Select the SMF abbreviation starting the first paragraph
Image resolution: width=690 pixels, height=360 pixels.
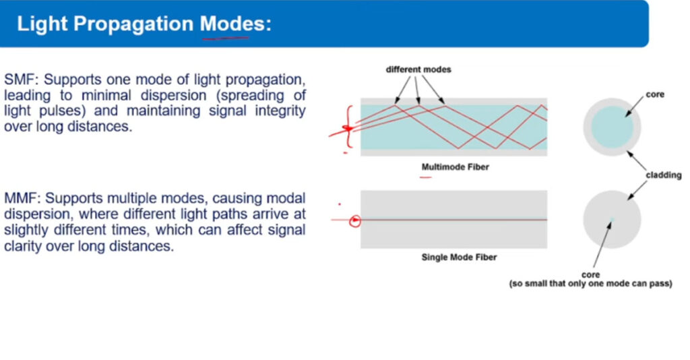22,80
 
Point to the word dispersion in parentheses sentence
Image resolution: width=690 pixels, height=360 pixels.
173,96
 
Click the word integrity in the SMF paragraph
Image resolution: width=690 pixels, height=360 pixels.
280,111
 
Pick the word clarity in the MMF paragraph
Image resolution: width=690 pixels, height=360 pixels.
23,246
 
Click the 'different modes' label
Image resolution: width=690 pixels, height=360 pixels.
418,69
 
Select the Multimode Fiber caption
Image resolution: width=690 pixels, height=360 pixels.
456,167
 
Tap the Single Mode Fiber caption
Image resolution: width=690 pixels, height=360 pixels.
459,258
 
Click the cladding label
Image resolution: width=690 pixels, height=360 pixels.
664,175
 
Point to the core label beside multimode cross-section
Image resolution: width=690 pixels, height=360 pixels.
655,94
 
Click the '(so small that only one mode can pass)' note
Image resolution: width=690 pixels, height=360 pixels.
590,284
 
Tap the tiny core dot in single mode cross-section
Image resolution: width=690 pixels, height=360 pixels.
612,219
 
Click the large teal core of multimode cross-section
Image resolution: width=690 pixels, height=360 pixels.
612,127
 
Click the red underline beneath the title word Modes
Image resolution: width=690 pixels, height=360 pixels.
225,38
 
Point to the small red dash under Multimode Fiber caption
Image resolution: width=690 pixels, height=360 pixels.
426,177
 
